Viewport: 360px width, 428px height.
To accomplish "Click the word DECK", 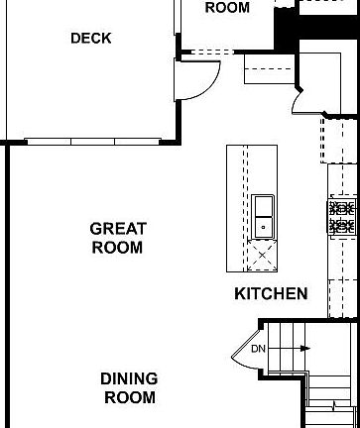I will [x=91, y=39].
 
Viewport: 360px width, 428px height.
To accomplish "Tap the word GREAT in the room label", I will [x=118, y=229].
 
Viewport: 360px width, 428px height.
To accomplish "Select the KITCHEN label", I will [x=271, y=294].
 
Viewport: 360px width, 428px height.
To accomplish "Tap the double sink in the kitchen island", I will [x=263, y=216].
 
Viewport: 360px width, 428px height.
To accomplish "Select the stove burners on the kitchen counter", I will [x=342, y=216].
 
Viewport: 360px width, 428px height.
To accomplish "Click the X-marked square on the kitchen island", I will [x=263, y=255].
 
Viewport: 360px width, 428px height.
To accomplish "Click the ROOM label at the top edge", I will [x=227, y=8].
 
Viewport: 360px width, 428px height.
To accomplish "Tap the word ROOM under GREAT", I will [x=118, y=248].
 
